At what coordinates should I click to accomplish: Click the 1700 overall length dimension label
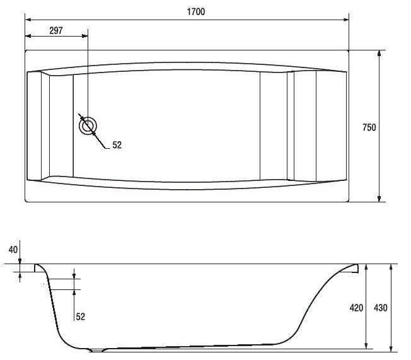tap(196, 12)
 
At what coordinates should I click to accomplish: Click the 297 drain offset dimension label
tap(56, 31)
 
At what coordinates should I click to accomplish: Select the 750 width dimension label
tap(369, 127)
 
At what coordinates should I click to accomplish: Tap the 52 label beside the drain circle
tap(117, 145)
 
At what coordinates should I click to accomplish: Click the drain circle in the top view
tap(88, 126)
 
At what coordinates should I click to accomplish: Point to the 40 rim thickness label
tap(13, 250)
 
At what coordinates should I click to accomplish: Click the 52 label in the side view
tap(81, 316)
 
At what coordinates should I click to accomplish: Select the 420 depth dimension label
tap(356, 308)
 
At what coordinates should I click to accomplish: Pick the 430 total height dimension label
tap(381, 308)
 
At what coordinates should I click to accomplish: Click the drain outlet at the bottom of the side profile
tap(97, 350)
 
